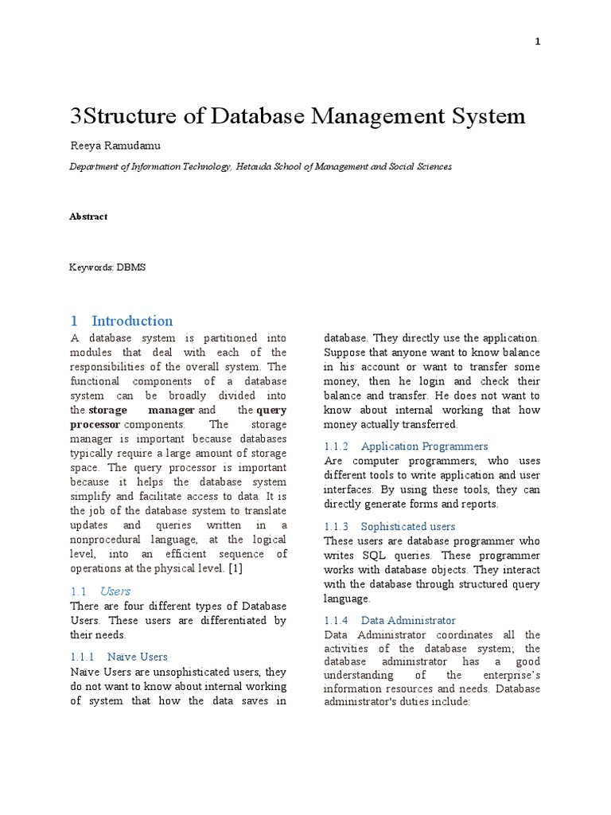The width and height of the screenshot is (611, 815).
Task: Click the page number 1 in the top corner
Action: pyautogui.click(x=538, y=42)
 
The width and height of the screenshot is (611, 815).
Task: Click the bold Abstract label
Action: pyautogui.click(x=88, y=216)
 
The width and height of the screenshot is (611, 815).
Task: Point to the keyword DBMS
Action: pyautogui.click(x=130, y=267)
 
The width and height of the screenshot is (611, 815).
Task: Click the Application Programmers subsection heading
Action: pyautogui.click(x=424, y=446)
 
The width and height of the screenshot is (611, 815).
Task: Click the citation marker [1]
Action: pyautogui.click(x=236, y=568)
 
